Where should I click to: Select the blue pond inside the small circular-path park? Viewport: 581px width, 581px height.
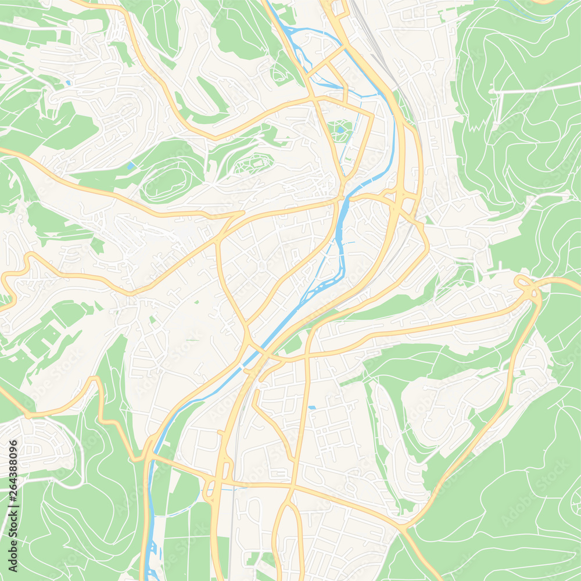tap(340, 129)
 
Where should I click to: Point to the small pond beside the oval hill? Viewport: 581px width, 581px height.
tap(130, 166)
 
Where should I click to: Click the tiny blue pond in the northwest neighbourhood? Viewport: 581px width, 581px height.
tap(69, 83)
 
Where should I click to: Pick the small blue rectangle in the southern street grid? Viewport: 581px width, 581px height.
tap(312, 407)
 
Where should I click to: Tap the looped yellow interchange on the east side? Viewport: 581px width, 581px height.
tap(526, 285)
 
